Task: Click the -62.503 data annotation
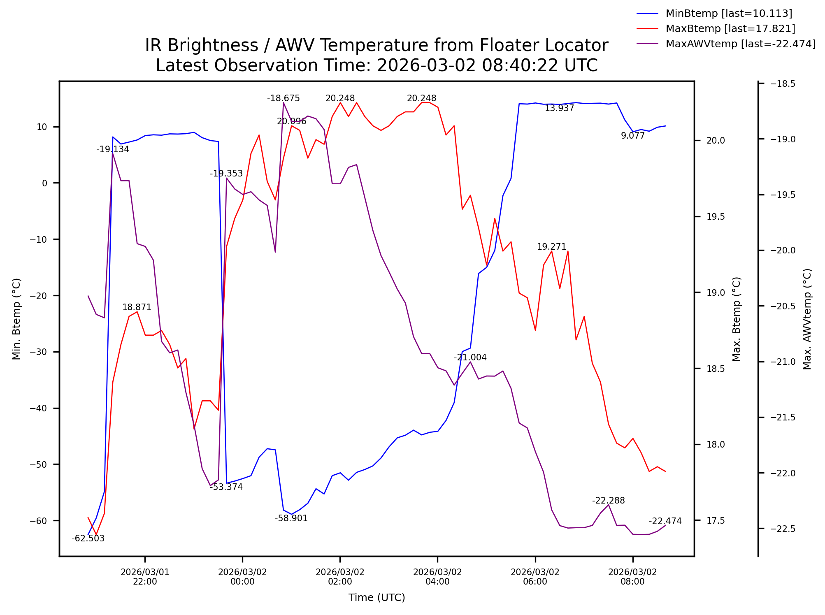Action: pyautogui.click(x=88, y=539)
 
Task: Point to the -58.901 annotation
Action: pyautogui.click(x=291, y=518)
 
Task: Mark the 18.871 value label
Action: pyautogui.click(x=137, y=307)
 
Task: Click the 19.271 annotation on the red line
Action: pyautogui.click(x=551, y=247)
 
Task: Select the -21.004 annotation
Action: pyautogui.click(x=470, y=357)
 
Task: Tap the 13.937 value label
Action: pyautogui.click(x=559, y=108)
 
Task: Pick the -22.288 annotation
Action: pyautogui.click(x=608, y=501)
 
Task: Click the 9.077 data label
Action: pyautogui.click(x=632, y=136)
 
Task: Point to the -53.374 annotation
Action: pyautogui.click(x=226, y=487)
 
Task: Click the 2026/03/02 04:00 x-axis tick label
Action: pyautogui.click(x=437, y=577)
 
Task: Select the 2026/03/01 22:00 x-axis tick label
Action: pyautogui.click(x=145, y=577)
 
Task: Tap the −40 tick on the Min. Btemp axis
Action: pyautogui.click(x=39, y=408)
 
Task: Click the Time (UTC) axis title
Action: pyautogui.click(x=376, y=598)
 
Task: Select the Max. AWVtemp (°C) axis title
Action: pyautogui.click(x=807, y=319)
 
